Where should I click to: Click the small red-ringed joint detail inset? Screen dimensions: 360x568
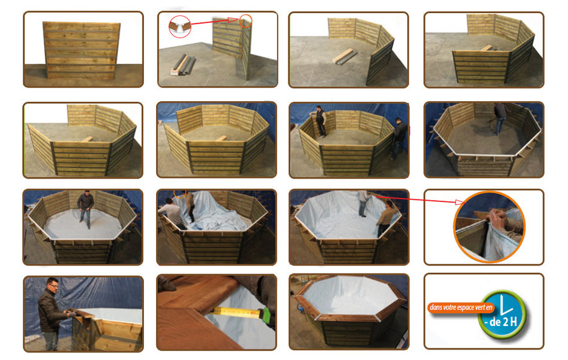click(179, 26)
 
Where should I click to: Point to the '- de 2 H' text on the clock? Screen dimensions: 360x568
click(502, 322)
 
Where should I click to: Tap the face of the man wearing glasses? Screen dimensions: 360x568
click(52, 285)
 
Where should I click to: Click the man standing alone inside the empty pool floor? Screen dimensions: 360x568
click(85, 207)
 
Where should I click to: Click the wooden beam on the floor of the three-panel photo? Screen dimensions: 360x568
click(344, 57)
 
